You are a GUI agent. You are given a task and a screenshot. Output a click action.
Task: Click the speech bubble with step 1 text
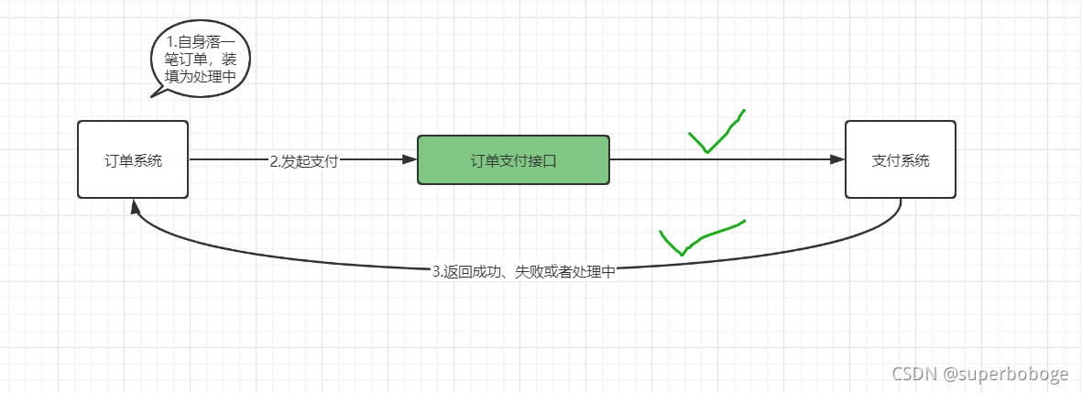click(x=200, y=60)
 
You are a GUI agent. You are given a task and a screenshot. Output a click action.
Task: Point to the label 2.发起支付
click(x=304, y=161)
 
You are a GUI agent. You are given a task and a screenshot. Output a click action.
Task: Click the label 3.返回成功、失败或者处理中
click(x=523, y=272)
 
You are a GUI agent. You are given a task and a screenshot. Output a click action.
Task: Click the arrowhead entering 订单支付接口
click(x=410, y=159)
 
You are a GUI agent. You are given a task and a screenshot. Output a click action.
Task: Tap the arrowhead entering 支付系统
click(x=836, y=159)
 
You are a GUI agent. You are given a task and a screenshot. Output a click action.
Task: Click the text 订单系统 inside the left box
click(x=133, y=160)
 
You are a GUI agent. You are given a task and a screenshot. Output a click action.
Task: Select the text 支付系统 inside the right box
click(x=901, y=160)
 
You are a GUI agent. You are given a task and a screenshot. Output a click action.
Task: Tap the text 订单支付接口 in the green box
click(x=513, y=160)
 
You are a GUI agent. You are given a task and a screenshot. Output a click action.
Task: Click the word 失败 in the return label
click(x=528, y=272)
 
